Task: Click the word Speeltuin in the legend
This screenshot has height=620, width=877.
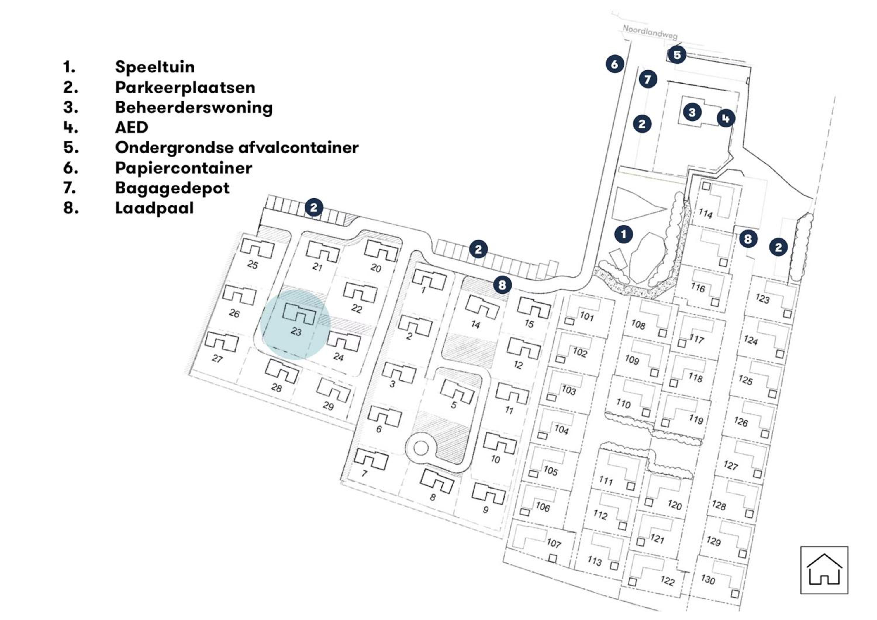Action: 155,67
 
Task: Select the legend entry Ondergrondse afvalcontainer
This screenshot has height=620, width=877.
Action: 237,147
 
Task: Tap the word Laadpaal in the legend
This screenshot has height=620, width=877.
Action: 154,208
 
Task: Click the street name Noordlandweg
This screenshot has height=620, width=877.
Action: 650,32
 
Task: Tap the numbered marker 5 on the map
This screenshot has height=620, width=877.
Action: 677,55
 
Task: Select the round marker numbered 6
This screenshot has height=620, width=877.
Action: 614,64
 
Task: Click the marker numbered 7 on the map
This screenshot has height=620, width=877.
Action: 648,79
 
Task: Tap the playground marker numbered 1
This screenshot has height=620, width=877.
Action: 623,234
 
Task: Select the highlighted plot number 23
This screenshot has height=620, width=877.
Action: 296,331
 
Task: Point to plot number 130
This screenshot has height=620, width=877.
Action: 708,579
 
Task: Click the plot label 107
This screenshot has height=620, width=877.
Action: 553,543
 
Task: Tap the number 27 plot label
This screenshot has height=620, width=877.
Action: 217,358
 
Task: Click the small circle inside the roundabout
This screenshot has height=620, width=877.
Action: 421,448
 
